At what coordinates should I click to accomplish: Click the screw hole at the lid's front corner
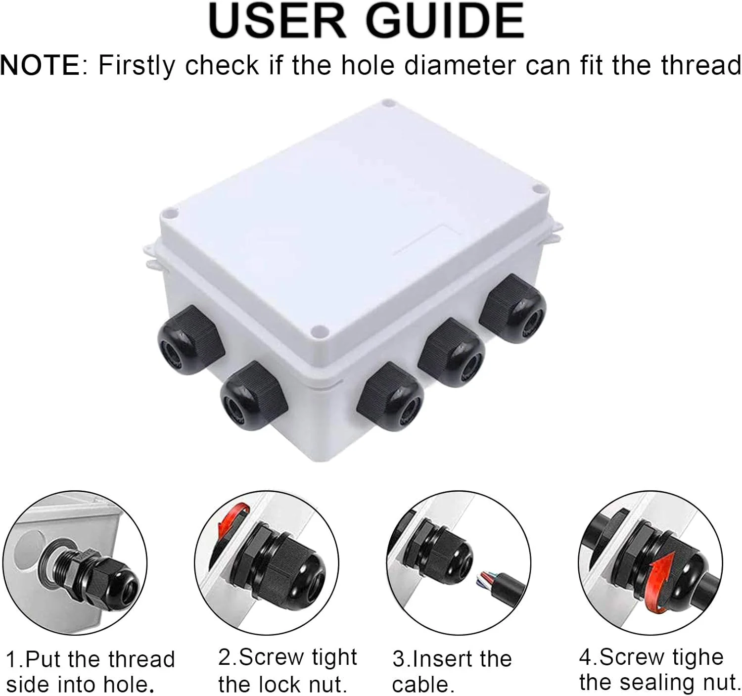(x=319, y=330)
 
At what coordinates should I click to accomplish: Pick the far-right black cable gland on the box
(x=512, y=309)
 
